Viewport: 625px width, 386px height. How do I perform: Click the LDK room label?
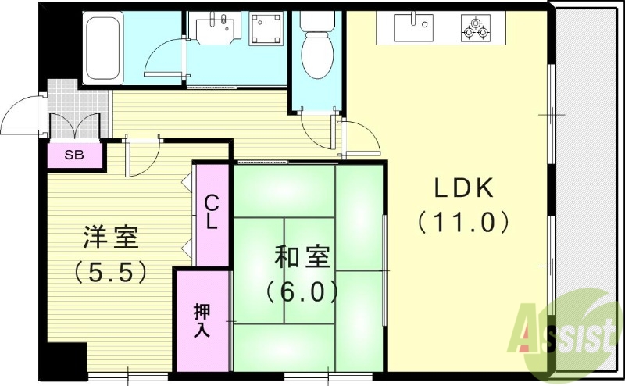[463, 188]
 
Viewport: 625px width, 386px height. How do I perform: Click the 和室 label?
[302, 256]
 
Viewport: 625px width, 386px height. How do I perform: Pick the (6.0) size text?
[302, 291]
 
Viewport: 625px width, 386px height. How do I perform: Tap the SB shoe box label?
[74, 155]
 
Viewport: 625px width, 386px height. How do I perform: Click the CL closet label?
[212, 213]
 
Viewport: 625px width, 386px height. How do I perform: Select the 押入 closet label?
[202, 320]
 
